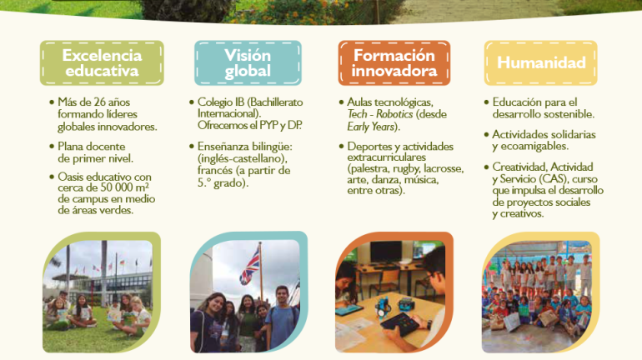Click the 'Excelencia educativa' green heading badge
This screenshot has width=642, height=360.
[x=102, y=63]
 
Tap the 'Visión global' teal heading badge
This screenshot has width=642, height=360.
[x=248, y=63]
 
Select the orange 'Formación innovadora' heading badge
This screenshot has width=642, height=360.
[x=394, y=63]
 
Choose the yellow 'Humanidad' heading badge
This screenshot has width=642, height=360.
[x=541, y=63]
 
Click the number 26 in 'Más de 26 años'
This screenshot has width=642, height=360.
[x=99, y=102]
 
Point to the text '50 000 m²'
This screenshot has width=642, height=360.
[x=126, y=187]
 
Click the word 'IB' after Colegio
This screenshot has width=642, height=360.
[x=240, y=102]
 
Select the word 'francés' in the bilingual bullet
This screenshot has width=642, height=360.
[x=215, y=170]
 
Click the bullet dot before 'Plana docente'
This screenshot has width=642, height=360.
[x=52, y=146]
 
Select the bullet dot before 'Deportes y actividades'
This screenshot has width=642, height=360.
[x=341, y=146]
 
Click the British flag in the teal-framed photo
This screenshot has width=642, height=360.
[x=250, y=266]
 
